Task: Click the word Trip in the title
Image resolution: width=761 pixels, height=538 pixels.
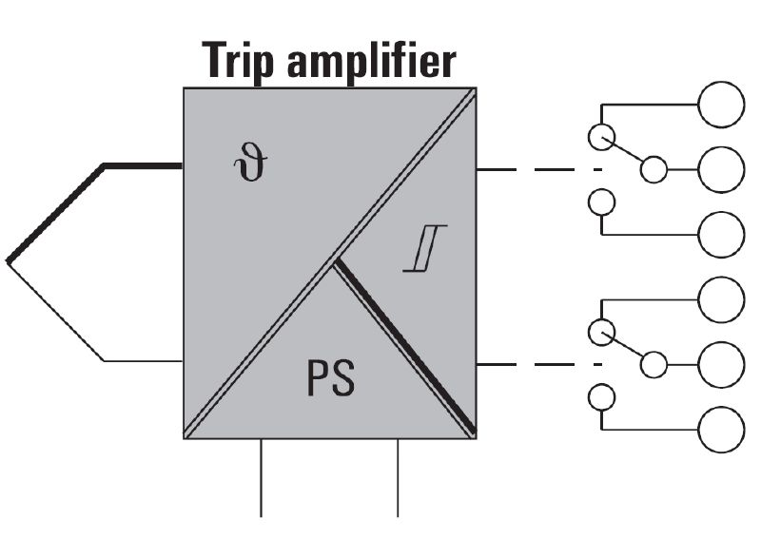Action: pyautogui.click(x=238, y=61)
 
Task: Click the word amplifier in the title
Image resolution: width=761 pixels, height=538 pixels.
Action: pyautogui.click(x=371, y=61)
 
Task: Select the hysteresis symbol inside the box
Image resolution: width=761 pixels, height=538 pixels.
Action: pyautogui.click(x=425, y=248)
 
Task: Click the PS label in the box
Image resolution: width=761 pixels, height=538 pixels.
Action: pyautogui.click(x=331, y=378)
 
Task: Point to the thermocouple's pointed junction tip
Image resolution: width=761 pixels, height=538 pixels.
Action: pyautogui.click(x=8, y=262)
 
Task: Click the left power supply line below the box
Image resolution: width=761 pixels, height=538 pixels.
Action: pyautogui.click(x=261, y=478)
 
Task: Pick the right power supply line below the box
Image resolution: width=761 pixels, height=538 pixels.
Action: pyautogui.click(x=398, y=478)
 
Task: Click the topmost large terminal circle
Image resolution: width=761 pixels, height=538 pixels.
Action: pyautogui.click(x=721, y=105)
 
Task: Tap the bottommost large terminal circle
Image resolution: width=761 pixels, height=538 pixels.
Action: pyautogui.click(x=721, y=430)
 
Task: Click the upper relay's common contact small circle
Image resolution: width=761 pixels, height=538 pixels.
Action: pyautogui.click(x=654, y=170)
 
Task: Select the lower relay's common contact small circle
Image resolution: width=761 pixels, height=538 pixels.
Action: pyautogui.click(x=654, y=365)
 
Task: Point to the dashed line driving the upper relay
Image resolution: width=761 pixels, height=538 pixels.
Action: pyautogui.click(x=539, y=170)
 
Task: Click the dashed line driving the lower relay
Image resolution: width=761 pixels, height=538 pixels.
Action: pyautogui.click(x=539, y=365)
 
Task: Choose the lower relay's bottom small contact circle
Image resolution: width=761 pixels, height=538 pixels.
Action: pyautogui.click(x=602, y=397)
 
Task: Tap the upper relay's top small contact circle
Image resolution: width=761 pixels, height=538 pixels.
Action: pyautogui.click(x=602, y=137)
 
